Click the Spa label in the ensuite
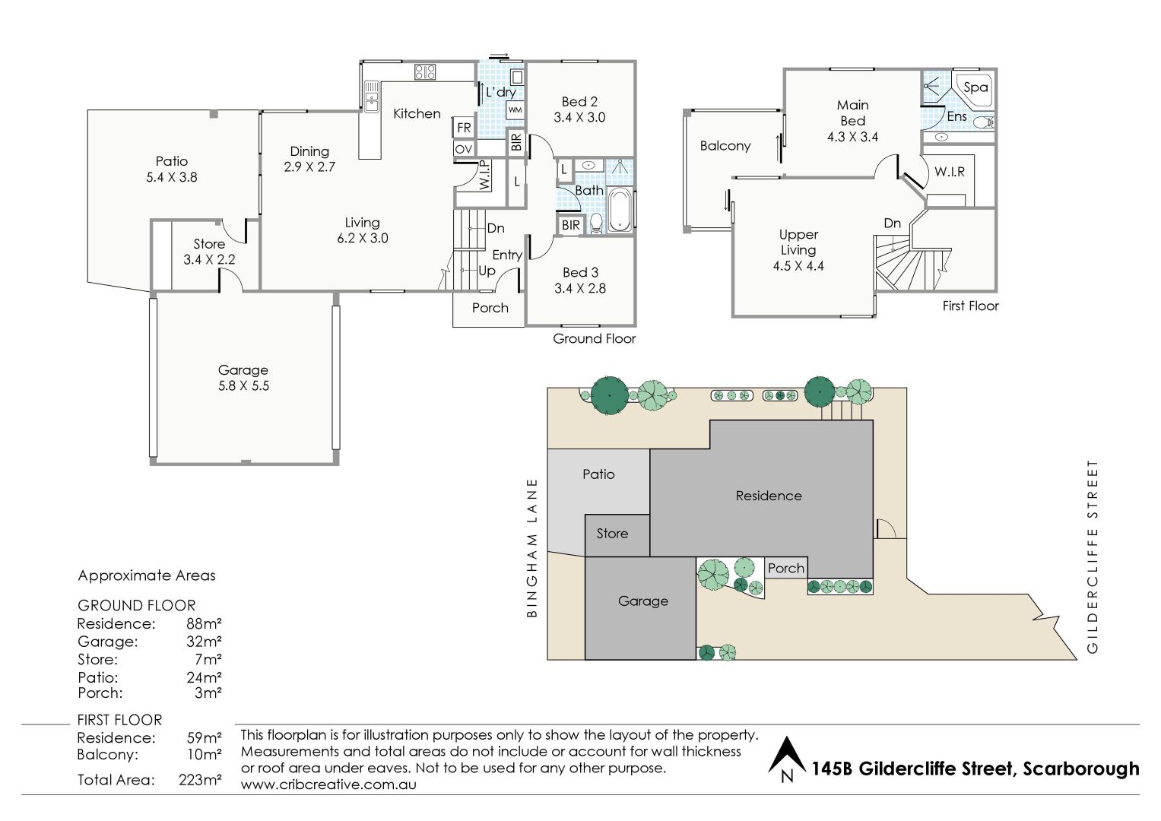[x=975, y=87]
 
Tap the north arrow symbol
[x=787, y=759]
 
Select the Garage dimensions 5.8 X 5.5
[x=243, y=385]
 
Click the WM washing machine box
[x=515, y=110]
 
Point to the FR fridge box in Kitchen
[x=464, y=128]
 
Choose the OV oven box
[x=464, y=149]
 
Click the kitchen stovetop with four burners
[x=425, y=72]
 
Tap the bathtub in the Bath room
[x=620, y=210]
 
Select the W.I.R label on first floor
[x=950, y=172]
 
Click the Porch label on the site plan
[x=785, y=568]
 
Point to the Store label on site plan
[x=612, y=534]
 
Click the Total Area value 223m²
[x=200, y=779]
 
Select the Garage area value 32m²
[x=205, y=641]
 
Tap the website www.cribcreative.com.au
[x=328, y=785]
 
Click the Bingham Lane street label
[x=532, y=548]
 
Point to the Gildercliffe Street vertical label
[x=1092, y=556]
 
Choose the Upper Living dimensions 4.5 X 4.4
[x=798, y=266]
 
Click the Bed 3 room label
[x=581, y=272]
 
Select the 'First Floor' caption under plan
[x=970, y=306]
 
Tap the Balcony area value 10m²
[x=205, y=754]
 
